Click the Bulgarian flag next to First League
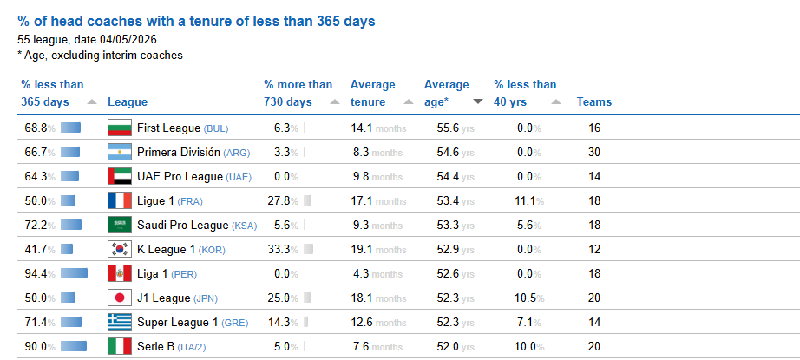[120, 128]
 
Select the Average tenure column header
[373, 93]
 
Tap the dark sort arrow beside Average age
[477, 101]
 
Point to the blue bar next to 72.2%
[71, 225]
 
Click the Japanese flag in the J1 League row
[120, 298]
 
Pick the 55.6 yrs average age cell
[456, 128]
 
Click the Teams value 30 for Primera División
[594, 152]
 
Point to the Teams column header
[594, 101]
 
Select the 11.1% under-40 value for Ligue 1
[530, 201]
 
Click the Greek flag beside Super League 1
[120, 323]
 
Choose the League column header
[128, 101]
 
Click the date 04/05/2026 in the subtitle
[129, 39]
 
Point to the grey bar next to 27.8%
[307, 201]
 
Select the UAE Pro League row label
[194, 176]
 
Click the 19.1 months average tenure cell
[378, 249]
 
